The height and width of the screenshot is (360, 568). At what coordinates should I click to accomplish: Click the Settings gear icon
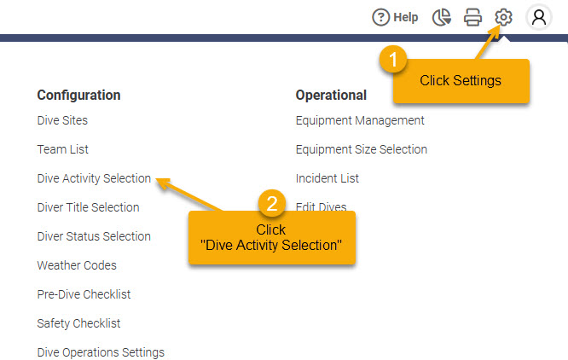(503, 17)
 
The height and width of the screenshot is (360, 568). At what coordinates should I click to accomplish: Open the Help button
(395, 17)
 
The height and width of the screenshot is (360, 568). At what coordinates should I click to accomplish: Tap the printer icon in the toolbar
(472, 17)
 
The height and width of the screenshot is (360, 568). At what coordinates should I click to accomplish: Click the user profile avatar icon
(539, 17)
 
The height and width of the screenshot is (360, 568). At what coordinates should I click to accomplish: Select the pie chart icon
(442, 17)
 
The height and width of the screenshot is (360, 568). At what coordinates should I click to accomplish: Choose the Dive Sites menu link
(62, 120)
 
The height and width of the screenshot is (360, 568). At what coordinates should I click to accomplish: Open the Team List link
(62, 149)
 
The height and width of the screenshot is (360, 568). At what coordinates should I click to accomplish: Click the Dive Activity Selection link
(94, 178)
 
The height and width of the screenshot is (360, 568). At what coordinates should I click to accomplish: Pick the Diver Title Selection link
(88, 207)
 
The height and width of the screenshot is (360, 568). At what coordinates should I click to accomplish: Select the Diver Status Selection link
(94, 236)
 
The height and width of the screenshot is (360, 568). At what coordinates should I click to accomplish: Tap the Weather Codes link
(77, 265)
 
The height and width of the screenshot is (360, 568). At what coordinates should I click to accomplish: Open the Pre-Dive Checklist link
(84, 294)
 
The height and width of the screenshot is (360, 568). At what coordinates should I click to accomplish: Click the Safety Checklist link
(78, 323)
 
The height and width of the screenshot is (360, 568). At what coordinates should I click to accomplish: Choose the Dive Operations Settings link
(101, 352)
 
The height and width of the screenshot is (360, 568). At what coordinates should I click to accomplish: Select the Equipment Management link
(360, 120)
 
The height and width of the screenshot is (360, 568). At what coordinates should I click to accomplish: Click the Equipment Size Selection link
(361, 149)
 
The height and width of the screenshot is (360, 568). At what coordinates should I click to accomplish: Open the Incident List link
(327, 178)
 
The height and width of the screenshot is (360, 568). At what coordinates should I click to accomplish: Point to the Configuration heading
(78, 96)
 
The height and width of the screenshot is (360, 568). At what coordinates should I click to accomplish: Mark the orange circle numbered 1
(393, 59)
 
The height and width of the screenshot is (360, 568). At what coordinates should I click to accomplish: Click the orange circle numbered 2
(272, 203)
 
